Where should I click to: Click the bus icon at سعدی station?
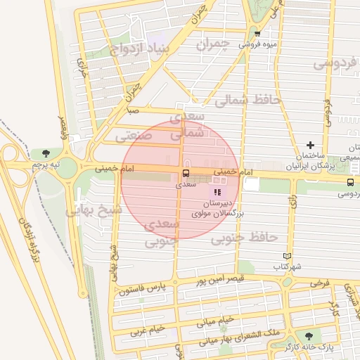(186, 174)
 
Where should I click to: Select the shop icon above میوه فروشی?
(257, 33)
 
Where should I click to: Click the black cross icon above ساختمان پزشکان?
(310, 145)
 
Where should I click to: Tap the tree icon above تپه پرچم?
(46, 153)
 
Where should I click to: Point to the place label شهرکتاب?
(288, 267)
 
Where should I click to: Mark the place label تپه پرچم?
(46, 164)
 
